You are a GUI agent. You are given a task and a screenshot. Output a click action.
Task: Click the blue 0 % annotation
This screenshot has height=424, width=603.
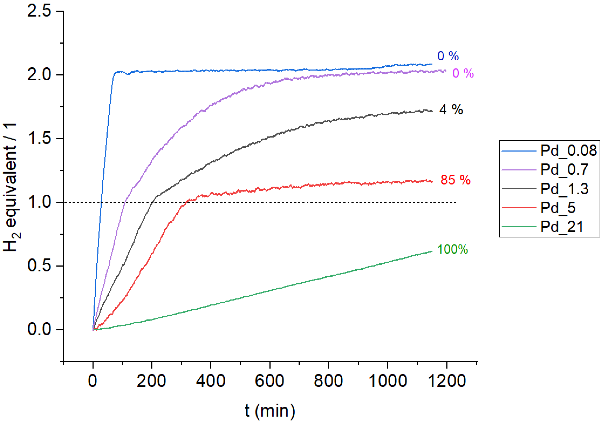coord(448,56)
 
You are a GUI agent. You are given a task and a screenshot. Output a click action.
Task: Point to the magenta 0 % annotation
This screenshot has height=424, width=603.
coord(463,73)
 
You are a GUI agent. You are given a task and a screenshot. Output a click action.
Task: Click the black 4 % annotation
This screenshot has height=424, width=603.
coord(451,110)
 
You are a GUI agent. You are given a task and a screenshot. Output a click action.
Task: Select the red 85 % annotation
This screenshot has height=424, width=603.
coord(455,180)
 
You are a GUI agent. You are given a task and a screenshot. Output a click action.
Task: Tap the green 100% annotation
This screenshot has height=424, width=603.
coord(453,249)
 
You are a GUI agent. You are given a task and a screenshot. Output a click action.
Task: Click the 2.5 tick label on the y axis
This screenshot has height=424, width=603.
coord(39,11)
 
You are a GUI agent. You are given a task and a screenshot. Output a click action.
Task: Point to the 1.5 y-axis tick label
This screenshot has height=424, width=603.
coord(39,138)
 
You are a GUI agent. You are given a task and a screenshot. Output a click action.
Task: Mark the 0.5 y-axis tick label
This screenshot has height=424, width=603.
coord(39,266)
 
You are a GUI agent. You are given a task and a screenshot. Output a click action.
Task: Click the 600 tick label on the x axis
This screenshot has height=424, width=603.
coord(269,381)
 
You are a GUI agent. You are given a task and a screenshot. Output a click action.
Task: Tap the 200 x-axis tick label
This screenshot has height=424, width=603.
coord(152,381)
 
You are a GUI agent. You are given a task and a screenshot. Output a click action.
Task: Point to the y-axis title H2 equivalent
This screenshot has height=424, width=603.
coord(11,187)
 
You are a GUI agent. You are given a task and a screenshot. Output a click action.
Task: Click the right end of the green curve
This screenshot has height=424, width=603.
coord(432,251)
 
